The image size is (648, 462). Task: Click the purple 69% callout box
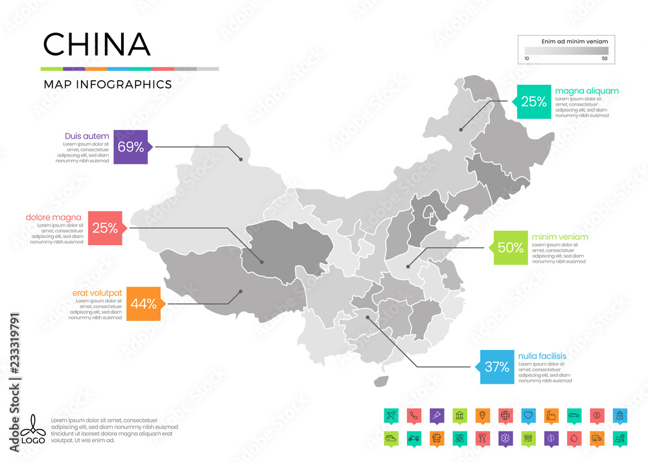[131, 147]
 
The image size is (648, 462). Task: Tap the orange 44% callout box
[143, 303]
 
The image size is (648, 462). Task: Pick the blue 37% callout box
[497, 367]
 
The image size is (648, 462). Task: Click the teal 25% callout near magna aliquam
[533, 102]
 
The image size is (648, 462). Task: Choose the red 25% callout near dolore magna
[105, 228]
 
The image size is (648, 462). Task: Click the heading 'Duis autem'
[82, 136]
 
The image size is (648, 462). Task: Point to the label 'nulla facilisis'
[542, 356]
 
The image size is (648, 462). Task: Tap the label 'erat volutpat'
[97, 293]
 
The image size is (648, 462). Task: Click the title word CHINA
[97, 44]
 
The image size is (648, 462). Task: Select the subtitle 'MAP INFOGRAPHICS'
[108, 84]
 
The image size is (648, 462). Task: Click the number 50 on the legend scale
[605, 59]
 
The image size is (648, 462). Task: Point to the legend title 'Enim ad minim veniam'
[566, 41]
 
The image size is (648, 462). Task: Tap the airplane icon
[390, 415]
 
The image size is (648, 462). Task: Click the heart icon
[528, 415]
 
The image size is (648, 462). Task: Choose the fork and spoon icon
[482, 437]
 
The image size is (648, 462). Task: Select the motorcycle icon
[413, 437]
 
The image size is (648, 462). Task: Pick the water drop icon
[574, 437]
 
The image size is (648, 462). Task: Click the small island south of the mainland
[382, 382]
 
